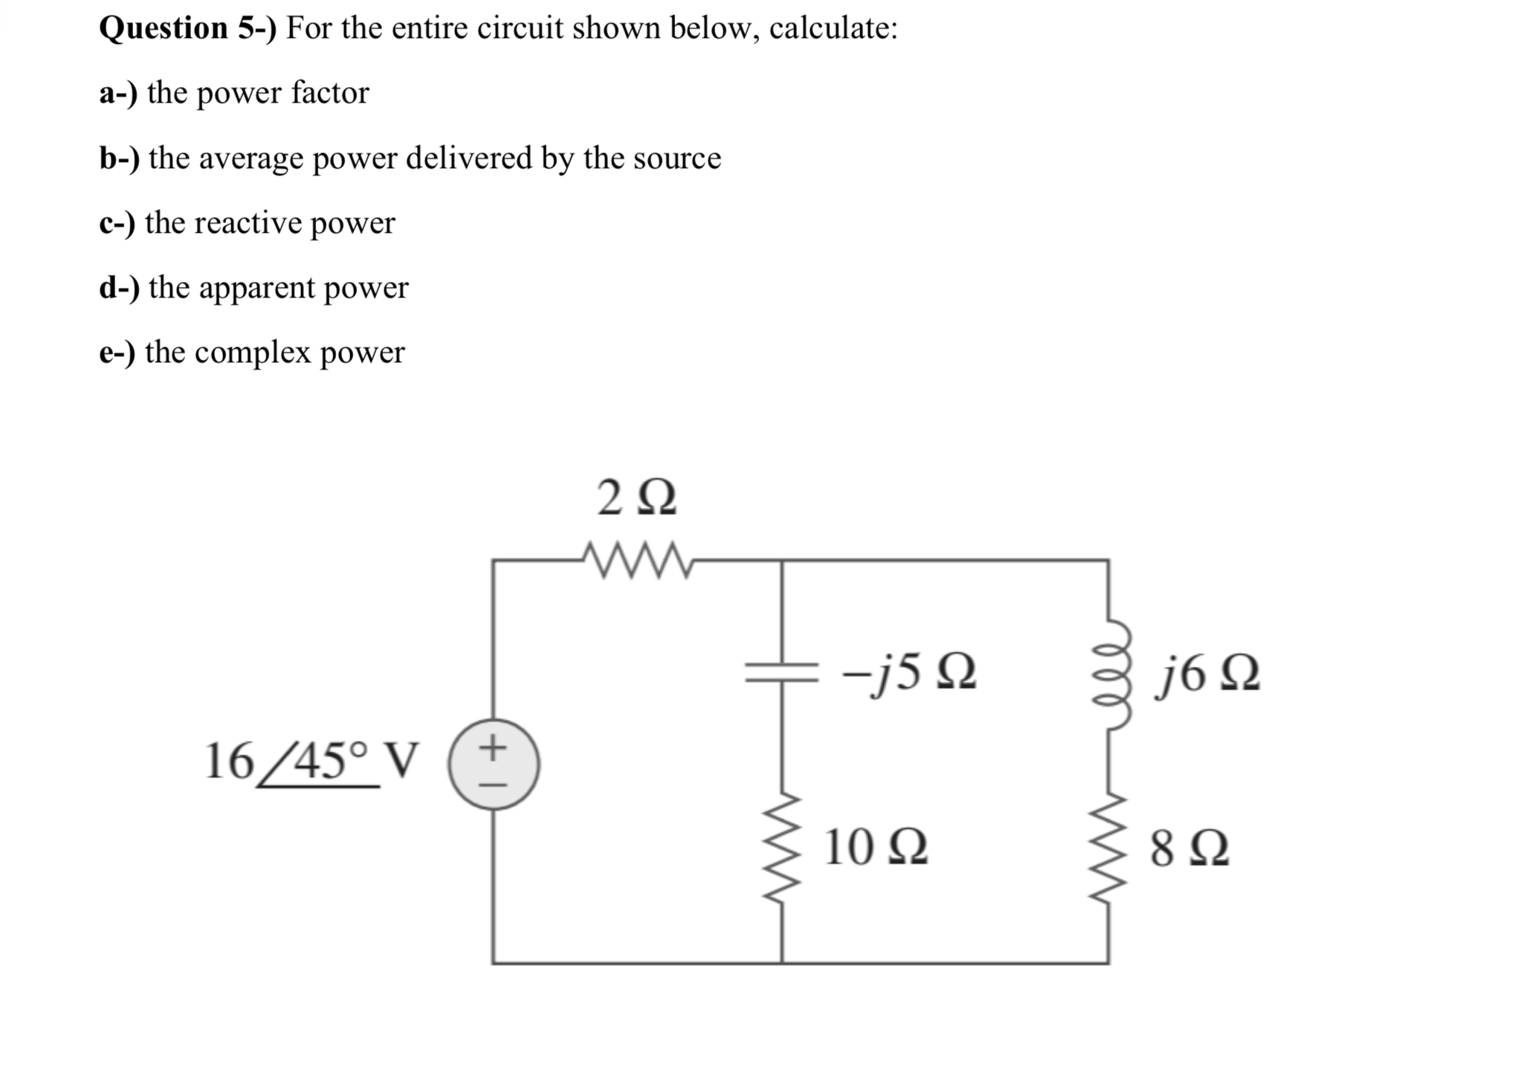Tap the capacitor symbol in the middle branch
pyautogui.click(x=781, y=674)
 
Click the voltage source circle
pyautogui.click(x=494, y=764)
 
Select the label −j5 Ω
pyautogui.click(x=908, y=674)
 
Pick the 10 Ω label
pyautogui.click(x=876, y=848)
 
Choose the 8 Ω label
pyautogui.click(x=1189, y=849)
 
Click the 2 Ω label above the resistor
pyautogui.click(x=636, y=498)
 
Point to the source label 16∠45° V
pyautogui.click(x=311, y=762)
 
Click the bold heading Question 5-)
pyautogui.click(x=187, y=28)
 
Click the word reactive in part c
pyautogui.click(x=241, y=222)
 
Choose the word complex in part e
pyautogui.click(x=252, y=353)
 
